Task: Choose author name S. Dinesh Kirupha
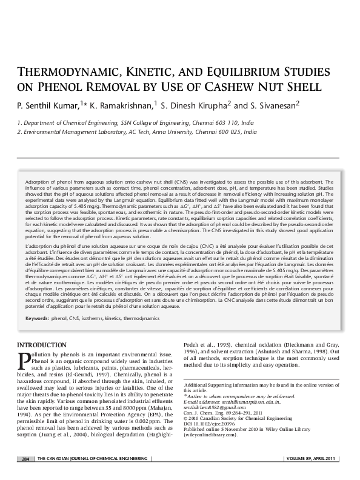point(195,106)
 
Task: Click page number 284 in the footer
point(25,458)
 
